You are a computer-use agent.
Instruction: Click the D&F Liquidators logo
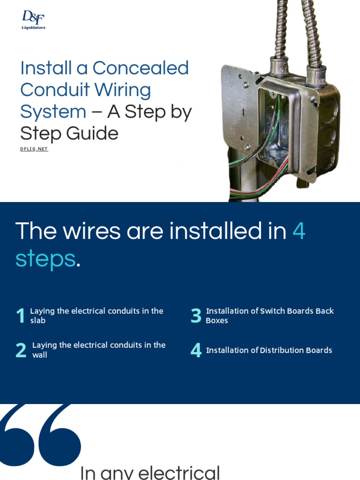point(33,20)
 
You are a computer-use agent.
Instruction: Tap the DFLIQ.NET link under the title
point(34,149)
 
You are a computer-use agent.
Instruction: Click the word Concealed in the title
point(140,68)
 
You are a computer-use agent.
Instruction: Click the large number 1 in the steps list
point(20,316)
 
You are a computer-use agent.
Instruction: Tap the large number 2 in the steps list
point(21,351)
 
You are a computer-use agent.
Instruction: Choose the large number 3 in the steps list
point(196,316)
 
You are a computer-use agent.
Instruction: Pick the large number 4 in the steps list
point(196,351)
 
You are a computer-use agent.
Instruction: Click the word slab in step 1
point(38,321)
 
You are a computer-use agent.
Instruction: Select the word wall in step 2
point(40,355)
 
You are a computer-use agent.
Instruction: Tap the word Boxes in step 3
point(217,321)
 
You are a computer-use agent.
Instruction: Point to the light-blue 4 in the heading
point(299,231)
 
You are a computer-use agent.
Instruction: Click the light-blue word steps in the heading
point(45,258)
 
